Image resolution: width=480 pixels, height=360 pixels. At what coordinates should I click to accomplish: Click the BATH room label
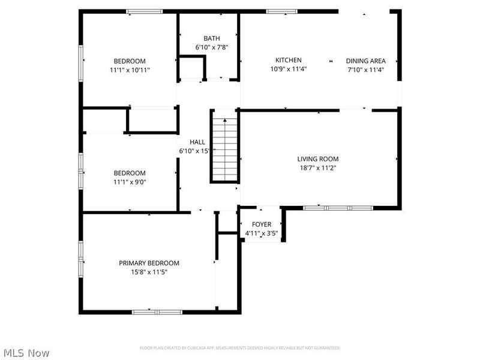click(211, 38)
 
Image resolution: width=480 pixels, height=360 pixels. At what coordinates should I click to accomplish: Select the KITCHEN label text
click(288, 60)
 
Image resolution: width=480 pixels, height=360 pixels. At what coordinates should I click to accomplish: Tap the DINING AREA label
click(365, 61)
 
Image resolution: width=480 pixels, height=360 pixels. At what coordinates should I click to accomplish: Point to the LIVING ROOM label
click(317, 159)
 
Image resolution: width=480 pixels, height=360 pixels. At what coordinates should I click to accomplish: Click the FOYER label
click(261, 224)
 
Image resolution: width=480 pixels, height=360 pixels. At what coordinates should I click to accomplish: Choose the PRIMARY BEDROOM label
click(149, 263)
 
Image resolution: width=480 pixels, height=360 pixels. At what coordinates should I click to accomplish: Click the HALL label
click(197, 142)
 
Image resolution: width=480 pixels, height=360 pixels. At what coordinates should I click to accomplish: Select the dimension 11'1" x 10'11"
click(130, 70)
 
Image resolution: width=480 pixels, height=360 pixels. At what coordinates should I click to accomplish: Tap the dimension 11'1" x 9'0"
click(130, 182)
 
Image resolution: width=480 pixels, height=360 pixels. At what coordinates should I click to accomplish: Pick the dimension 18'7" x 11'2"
click(317, 168)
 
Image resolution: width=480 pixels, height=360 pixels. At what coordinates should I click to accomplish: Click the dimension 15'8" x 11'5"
click(149, 272)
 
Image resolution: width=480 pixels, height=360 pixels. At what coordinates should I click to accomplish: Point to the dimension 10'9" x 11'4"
click(288, 69)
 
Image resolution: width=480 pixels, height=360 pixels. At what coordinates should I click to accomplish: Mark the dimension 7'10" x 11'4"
click(365, 70)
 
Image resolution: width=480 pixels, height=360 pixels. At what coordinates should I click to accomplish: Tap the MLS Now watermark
click(26, 353)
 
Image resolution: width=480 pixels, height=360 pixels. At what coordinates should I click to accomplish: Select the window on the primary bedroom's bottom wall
click(157, 311)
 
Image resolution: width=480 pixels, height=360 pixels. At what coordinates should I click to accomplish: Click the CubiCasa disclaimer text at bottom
click(240, 348)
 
